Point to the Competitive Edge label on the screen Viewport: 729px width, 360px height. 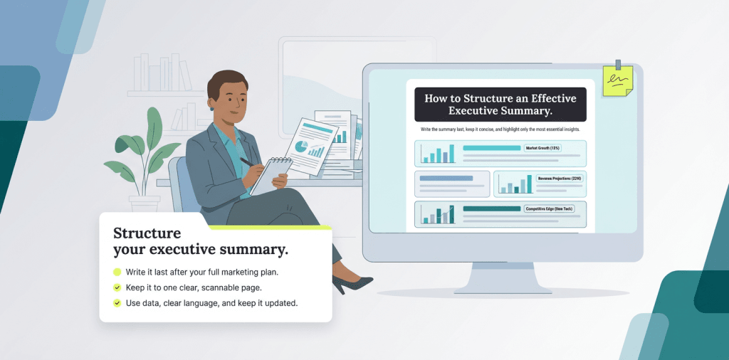point(549,209)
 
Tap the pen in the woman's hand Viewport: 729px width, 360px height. point(246,162)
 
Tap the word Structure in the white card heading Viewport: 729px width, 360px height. point(147,234)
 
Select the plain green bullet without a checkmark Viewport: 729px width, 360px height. point(117,272)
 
